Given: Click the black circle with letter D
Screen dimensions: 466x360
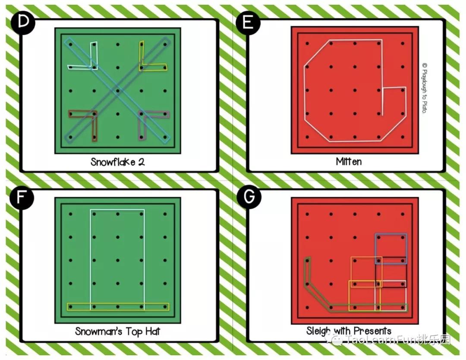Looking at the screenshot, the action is [x=23, y=22].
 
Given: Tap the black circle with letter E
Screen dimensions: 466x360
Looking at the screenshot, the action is [x=248, y=22].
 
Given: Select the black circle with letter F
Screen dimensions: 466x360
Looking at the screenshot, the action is [x=22, y=197].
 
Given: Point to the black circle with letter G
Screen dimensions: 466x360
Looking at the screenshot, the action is [x=249, y=196].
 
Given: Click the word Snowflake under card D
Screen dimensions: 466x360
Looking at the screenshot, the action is [x=113, y=162].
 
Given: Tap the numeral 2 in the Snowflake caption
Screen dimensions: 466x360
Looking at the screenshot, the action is [x=142, y=162].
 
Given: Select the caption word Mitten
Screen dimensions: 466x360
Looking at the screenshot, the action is [x=349, y=161].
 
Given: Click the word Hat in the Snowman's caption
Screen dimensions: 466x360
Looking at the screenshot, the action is [x=152, y=331].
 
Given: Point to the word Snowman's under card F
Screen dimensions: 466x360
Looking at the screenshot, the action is [x=99, y=331].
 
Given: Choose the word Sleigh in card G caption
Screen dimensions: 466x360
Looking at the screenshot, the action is [x=319, y=331].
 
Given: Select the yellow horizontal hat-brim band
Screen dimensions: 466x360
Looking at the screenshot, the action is [x=118, y=307].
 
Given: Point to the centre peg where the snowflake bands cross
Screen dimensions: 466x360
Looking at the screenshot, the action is [x=118, y=91].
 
